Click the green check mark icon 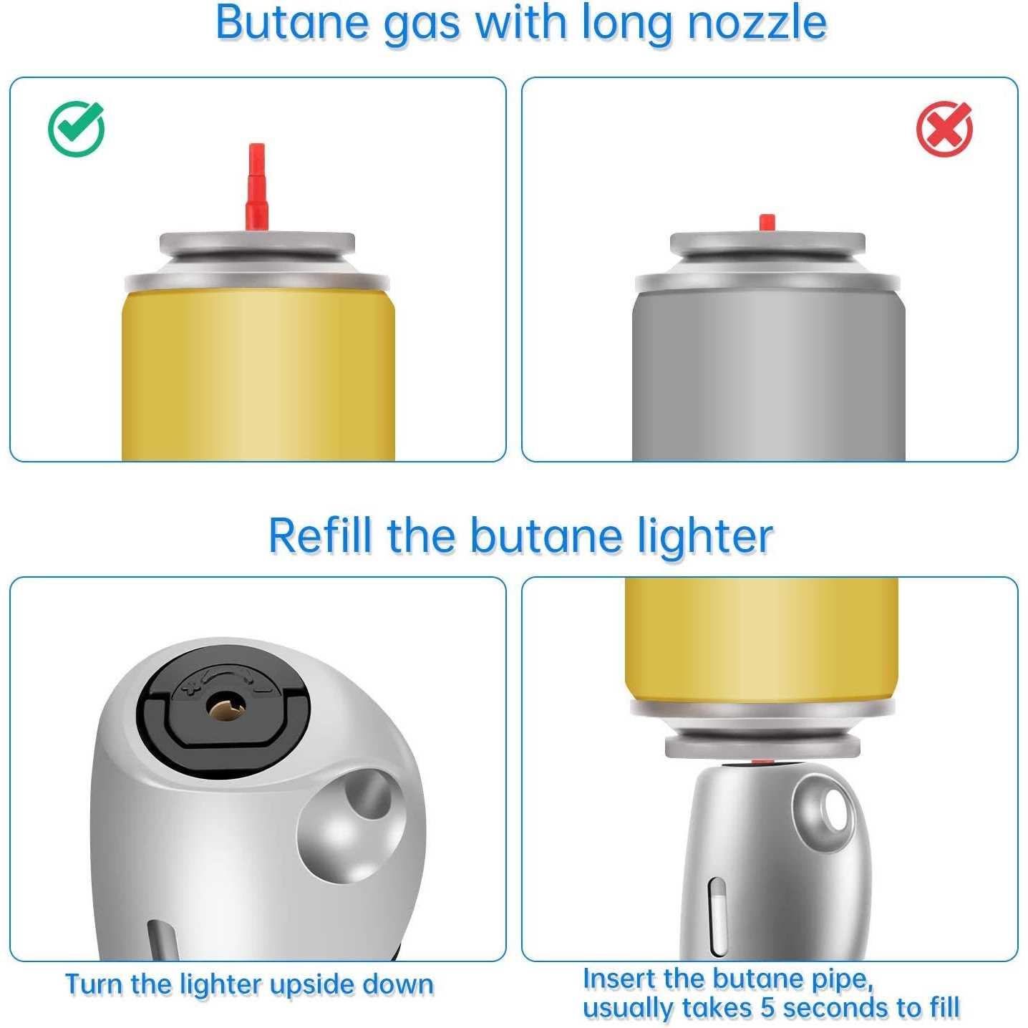pos(76,129)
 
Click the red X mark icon pos(944,129)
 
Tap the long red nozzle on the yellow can pos(256,186)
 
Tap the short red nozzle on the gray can pos(767,223)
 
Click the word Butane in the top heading pos(292,22)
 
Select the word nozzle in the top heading pos(757,22)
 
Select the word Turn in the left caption pos(94,984)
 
